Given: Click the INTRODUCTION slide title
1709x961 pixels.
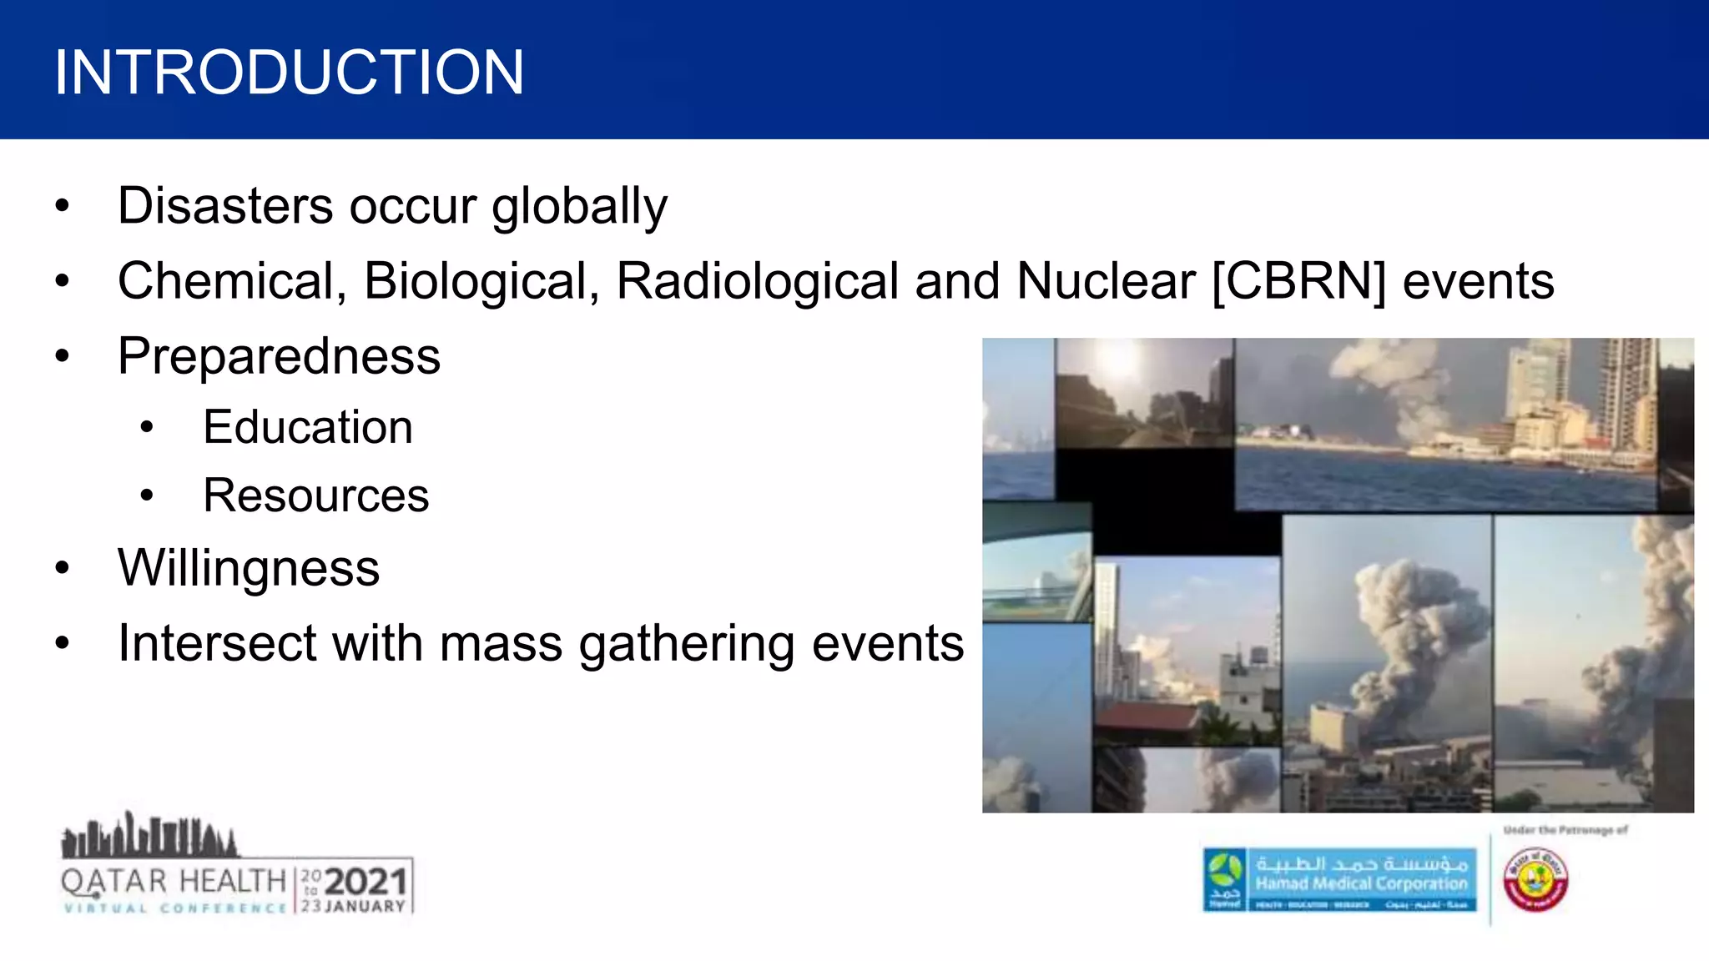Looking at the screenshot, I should pyautogui.click(x=289, y=73).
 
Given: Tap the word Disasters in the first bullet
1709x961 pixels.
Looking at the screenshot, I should pyautogui.click(x=225, y=206).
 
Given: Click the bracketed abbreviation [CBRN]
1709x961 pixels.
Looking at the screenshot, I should pyautogui.click(x=1298, y=281).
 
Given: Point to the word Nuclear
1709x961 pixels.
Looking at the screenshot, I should pyautogui.click(x=1106, y=281).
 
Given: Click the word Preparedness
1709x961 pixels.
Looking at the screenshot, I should pyautogui.click(x=279, y=357).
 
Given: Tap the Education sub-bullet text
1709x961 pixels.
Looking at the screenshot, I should pyautogui.click(x=308, y=427).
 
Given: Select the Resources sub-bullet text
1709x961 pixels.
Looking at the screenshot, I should pyautogui.click(x=316, y=496).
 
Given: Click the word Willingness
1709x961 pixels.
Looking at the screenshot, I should pyautogui.click(x=249, y=569).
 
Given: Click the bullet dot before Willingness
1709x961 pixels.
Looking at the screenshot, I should pyautogui.click(x=63, y=569).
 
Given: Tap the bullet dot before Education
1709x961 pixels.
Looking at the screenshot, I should pyautogui.click(x=148, y=428).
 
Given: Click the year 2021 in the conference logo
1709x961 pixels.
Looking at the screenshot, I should pyautogui.click(x=365, y=882).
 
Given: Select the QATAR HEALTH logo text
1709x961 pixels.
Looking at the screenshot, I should pyautogui.click(x=174, y=881).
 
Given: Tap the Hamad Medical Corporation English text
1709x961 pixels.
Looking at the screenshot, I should pyautogui.click(x=1361, y=883).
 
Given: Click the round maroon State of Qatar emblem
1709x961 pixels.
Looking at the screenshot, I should pyautogui.click(x=1535, y=880).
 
